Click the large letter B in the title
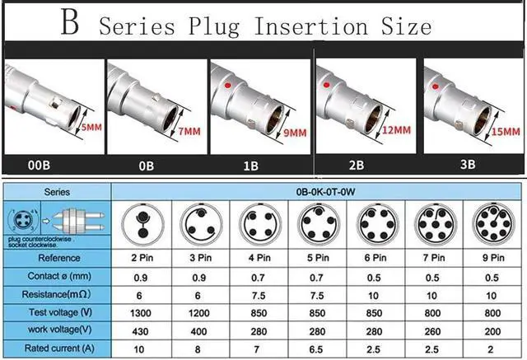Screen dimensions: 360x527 71,22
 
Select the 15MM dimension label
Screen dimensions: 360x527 505,132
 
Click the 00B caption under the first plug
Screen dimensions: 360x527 40,165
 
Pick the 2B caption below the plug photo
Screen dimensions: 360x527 356,165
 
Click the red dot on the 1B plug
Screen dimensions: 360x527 226,85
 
